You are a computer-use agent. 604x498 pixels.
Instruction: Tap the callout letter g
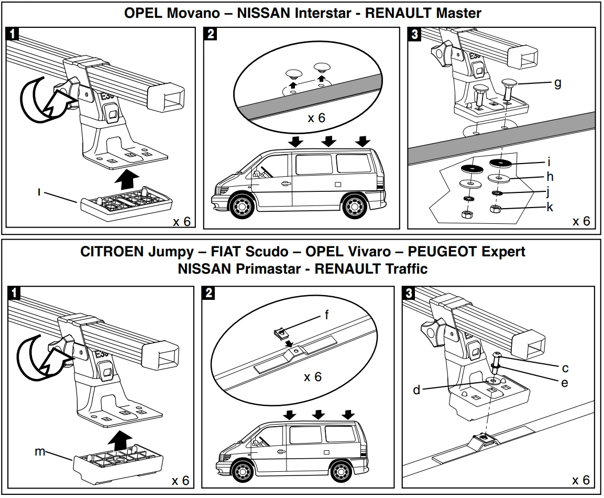[557, 82]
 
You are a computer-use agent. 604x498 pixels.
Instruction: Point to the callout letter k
[550, 207]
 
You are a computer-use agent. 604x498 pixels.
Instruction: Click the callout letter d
[417, 390]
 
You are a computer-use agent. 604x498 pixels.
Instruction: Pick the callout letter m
[40, 451]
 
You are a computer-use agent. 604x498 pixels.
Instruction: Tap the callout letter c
[565, 368]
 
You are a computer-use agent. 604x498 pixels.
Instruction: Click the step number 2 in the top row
[211, 35]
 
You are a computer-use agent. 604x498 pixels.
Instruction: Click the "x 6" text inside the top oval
[316, 118]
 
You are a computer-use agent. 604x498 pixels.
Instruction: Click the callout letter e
[564, 383]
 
